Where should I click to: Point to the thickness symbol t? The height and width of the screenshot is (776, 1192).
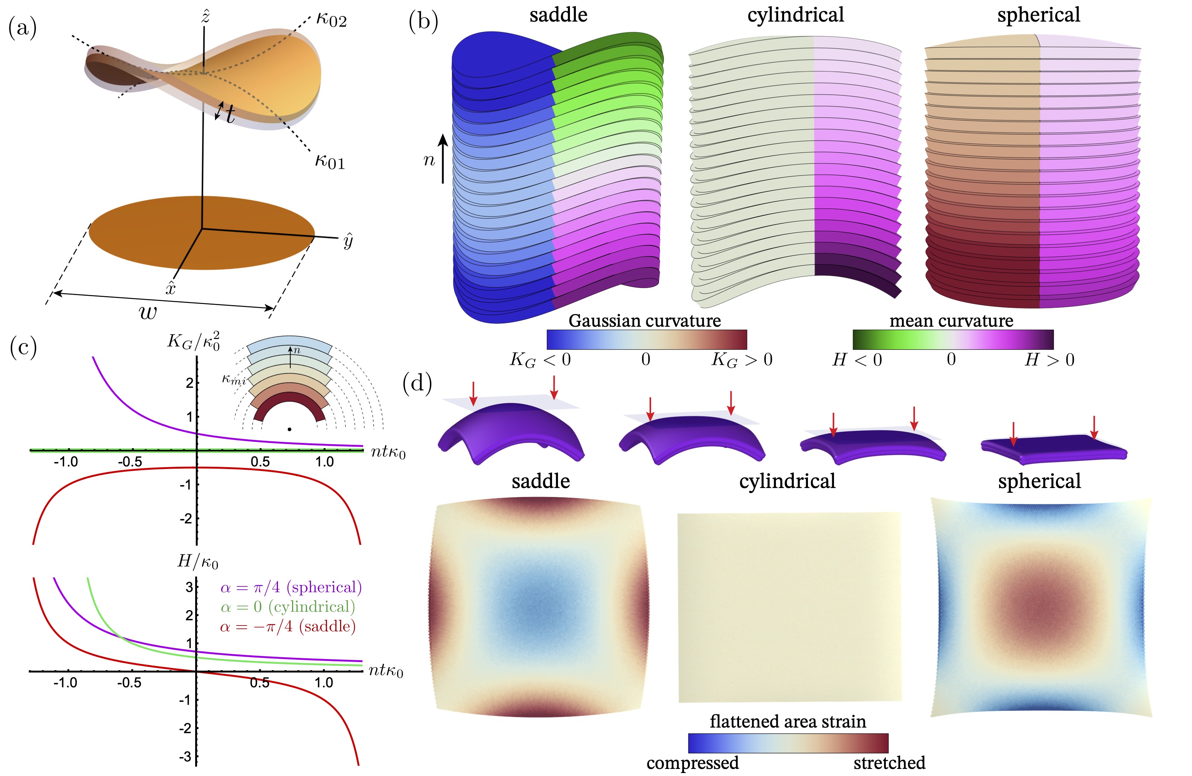(230, 115)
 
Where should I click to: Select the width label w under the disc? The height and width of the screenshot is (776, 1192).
(148, 313)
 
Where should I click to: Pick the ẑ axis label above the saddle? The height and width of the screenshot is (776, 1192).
(205, 16)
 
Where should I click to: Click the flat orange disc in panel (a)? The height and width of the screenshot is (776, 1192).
(202, 232)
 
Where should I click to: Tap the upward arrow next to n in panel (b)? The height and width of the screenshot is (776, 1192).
(443, 158)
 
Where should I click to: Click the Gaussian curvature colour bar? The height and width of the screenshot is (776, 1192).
(647, 339)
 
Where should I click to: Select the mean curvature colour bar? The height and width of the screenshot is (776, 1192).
(953, 339)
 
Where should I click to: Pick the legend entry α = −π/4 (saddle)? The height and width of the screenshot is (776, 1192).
(288, 626)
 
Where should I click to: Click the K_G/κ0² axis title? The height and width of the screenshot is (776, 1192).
(193, 341)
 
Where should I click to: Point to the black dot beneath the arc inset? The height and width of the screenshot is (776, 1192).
(289, 429)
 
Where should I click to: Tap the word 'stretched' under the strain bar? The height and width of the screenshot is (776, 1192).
(890, 763)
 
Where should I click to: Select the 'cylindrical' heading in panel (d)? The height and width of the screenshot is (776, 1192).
(787, 481)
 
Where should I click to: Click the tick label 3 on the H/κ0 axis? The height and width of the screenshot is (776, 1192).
(189, 587)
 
